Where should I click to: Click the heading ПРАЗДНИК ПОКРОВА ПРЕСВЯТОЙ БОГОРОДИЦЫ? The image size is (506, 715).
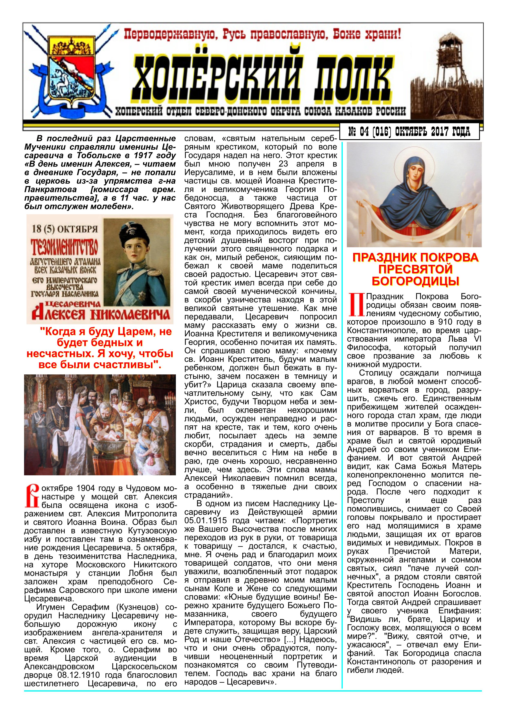click(415, 269)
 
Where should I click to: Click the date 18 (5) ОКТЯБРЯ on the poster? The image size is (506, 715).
click(64, 229)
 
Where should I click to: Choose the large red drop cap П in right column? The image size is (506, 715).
click(356, 305)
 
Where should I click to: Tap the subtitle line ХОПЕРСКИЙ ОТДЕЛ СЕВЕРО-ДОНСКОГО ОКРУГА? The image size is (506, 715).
click(260, 111)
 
